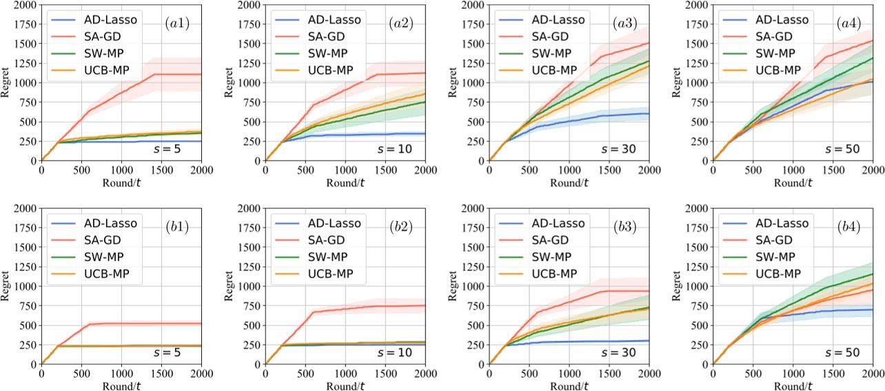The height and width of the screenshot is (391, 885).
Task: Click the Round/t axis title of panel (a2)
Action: (x=345, y=183)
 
